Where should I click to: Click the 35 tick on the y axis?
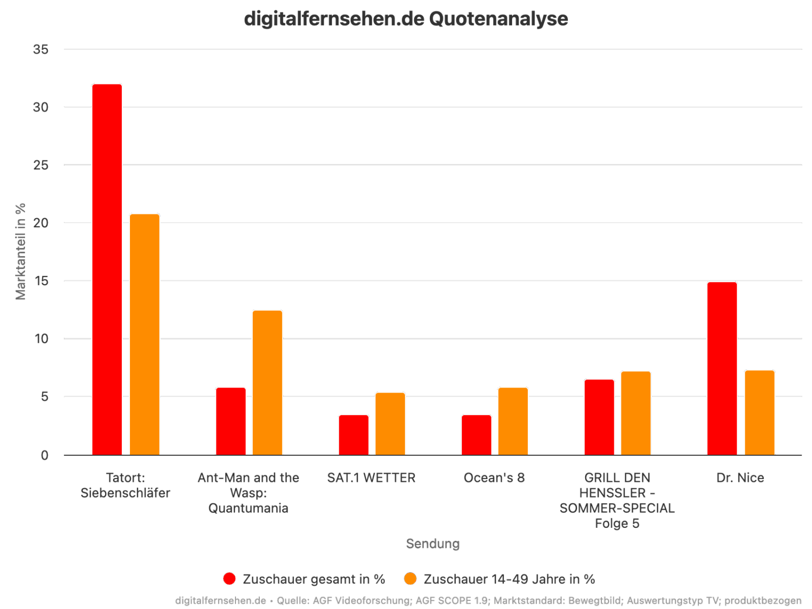[41, 49]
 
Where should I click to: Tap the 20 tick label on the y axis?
[41, 223]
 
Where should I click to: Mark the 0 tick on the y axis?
[44, 455]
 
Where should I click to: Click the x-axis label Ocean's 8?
[494, 478]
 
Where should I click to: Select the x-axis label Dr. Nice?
[740, 478]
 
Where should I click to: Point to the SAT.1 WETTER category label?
[371, 478]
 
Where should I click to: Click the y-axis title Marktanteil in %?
[21, 251]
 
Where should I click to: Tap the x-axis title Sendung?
[433, 543]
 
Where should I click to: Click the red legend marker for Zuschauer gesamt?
[230, 579]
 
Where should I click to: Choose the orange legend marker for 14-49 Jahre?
[410, 579]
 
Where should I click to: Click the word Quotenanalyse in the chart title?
[498, 19]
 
